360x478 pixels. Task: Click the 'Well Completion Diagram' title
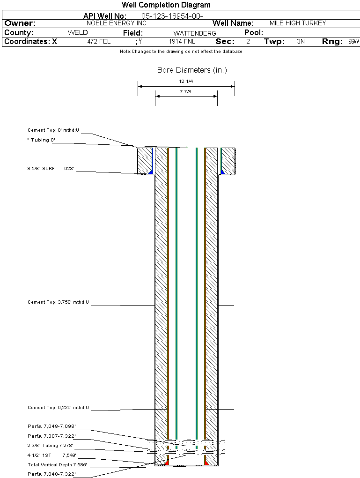166,5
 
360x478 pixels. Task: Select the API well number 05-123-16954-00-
172,16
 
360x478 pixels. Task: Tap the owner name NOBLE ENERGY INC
117,23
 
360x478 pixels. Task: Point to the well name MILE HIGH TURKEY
298,23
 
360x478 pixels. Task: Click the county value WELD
78,33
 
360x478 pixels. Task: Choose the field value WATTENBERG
195,33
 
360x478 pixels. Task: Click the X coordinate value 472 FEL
99,41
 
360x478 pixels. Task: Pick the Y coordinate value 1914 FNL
182,41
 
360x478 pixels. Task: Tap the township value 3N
301,41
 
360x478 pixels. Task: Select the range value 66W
354,41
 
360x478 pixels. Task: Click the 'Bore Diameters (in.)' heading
192,70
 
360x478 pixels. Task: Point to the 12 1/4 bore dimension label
186,82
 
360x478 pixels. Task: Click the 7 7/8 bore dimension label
185,91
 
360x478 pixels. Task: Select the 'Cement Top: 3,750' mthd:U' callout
58,302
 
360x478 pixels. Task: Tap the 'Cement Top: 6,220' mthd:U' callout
58,408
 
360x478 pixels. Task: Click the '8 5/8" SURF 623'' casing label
51,168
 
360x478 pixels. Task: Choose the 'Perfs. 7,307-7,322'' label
51,436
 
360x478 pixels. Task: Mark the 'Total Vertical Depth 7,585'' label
57,464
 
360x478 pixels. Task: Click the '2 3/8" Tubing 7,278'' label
50,445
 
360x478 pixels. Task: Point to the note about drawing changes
181,52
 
